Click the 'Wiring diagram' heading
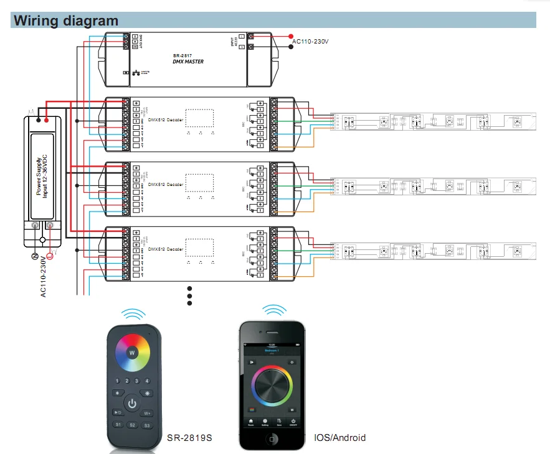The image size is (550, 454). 66,21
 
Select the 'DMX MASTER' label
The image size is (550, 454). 188,62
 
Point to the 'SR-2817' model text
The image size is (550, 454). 185,55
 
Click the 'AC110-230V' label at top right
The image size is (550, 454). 310,42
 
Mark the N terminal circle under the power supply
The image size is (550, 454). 35,256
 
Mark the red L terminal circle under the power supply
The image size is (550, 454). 50,256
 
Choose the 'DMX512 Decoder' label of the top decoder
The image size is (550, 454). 166,119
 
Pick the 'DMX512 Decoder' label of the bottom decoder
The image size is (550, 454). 166,249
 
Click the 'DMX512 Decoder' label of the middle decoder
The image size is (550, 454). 166,184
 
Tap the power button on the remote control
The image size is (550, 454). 132,404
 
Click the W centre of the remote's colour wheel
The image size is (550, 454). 132,353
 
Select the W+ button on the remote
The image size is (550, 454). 148,413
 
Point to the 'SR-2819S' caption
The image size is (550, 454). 190,438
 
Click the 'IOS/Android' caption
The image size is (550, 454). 340,438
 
